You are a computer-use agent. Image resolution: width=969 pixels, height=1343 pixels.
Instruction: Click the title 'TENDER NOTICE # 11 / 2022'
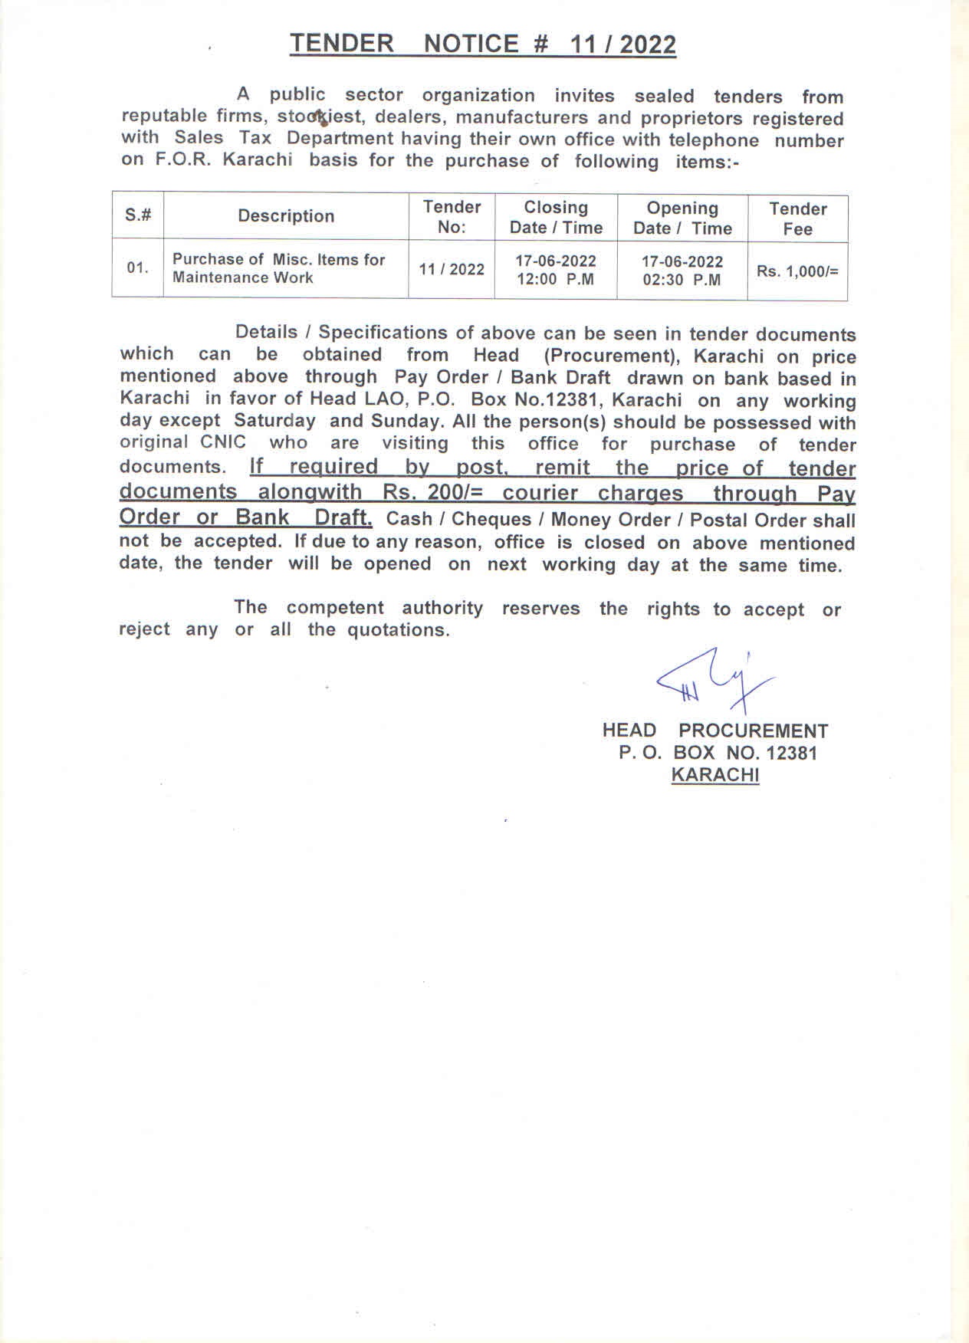coord(483,44)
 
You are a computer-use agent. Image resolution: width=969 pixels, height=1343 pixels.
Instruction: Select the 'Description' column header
coord(286,216)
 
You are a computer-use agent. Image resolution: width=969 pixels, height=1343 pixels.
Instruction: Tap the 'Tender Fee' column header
coord(797,218)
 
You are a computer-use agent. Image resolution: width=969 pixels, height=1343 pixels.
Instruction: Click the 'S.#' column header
coord(138,215)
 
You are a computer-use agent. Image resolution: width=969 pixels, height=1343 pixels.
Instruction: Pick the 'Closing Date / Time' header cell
coord(556,218)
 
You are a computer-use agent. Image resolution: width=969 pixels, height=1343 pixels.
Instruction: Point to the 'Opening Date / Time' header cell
coord(682,218)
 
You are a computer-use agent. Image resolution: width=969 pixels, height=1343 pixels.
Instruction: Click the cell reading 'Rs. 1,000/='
coord(797,271)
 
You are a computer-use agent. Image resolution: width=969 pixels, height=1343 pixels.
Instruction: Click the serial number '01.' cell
coord(138,268)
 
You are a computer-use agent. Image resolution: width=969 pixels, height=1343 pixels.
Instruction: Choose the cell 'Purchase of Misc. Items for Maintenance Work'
coord(278,268)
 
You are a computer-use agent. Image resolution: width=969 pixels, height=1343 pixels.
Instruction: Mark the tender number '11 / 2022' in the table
coord(452,269)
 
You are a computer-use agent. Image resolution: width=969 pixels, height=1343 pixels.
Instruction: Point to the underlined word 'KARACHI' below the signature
coord(715,775)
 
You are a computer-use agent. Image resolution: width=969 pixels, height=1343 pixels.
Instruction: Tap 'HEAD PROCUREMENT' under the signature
coord(715,731)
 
